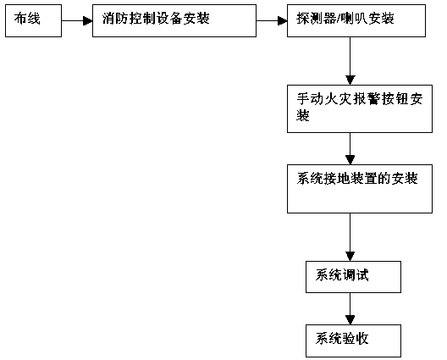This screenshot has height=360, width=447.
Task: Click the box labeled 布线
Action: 33,20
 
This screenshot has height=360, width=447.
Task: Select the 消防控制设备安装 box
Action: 174,20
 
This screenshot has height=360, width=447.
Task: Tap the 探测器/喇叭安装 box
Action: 356,20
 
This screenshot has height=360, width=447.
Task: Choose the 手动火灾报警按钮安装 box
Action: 360,108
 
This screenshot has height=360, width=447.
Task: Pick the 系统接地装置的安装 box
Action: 360,189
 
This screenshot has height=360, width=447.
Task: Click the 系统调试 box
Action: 354,277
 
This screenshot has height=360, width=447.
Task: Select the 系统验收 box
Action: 354,341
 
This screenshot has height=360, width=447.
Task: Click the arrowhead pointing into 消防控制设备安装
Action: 88,20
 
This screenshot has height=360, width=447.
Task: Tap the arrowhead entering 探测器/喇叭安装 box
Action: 283,20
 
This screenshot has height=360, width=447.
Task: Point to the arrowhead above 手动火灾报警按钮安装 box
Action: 350,80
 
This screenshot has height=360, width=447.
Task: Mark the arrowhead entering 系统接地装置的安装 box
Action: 350,160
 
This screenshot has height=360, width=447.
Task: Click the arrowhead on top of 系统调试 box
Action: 350,257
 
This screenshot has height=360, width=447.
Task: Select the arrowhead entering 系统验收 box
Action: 350,320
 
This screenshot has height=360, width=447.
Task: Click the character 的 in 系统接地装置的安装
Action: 384,179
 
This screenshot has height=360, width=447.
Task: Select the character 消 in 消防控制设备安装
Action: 108,19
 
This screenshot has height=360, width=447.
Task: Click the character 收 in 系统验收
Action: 362,339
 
